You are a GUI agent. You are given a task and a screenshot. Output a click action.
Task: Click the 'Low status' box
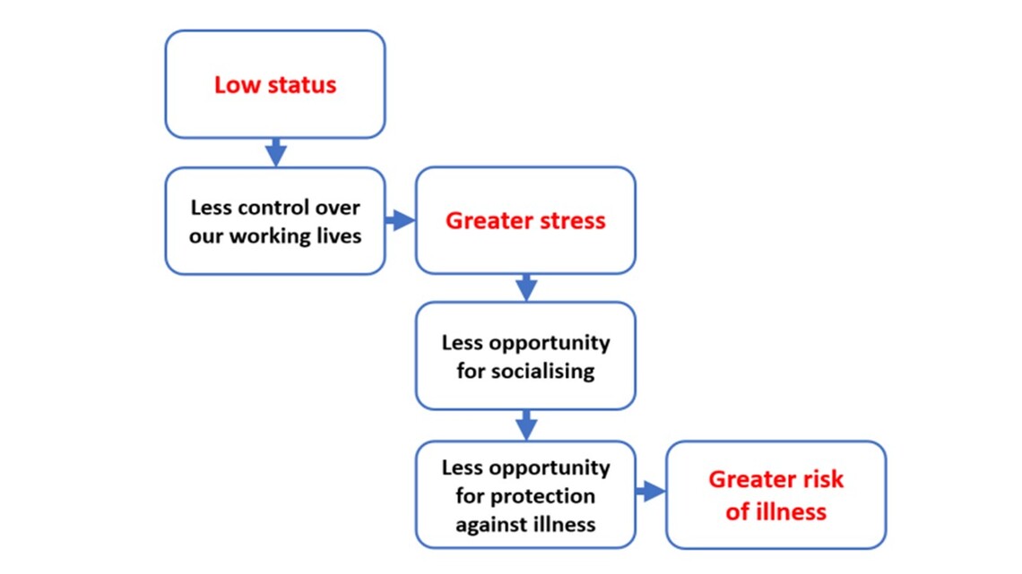(x=275, y=84)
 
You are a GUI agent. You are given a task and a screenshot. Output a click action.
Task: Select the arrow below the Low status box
(x=276, y=152)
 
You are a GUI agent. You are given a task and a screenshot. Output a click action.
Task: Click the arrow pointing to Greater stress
(x=400, y=220)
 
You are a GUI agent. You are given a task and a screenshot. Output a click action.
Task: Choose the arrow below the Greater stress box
(x=526, y=287)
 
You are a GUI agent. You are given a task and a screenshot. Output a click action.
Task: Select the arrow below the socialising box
(x=526, y=425)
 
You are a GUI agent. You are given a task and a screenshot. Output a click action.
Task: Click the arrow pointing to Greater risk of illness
(x=651, y=492)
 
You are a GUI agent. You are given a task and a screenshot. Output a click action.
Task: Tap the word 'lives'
(x=339, y=235)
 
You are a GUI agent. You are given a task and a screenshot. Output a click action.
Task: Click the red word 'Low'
(x=238, y=84)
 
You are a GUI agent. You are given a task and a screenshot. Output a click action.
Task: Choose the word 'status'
(x=302, y=84)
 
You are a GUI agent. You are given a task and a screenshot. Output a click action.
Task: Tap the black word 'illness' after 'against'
(x=562, y=524)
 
